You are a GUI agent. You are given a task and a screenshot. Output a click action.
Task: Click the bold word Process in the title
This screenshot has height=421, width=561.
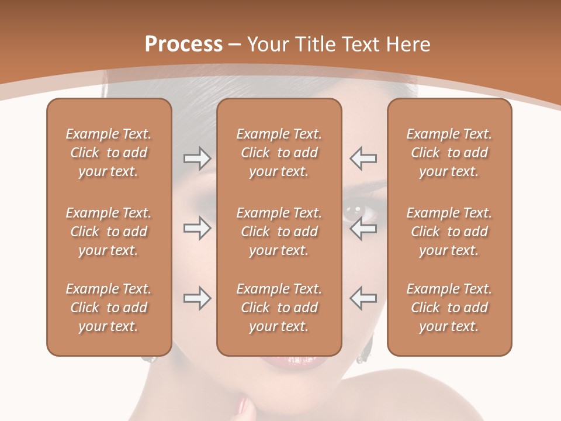pyautogui.click(x=183, y=44)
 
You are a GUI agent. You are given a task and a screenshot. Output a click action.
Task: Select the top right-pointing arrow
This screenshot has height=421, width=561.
pyautogui.click(x=197, y=158)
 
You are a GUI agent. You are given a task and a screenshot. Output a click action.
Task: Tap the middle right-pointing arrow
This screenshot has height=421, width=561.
pyautogui.click(x=197, y=228)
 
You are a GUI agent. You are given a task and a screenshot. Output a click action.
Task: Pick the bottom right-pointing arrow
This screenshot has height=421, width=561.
pyautogui.click(x=197, y=298)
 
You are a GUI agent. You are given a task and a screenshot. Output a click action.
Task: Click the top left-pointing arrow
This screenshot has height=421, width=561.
pyautogui.click(x=363, y=158)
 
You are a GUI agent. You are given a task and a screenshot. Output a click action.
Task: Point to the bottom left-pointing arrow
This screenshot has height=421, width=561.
pyautogui.click(x=363, y=298)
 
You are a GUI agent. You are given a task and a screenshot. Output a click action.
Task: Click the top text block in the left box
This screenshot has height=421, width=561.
pyautogui.click(x=109, y=153)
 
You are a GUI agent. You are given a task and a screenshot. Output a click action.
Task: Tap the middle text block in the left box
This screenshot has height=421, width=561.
pyautogui.click(x=109, y=232)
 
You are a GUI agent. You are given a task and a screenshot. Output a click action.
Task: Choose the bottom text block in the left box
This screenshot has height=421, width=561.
pyautogui.click(x=109, y=308)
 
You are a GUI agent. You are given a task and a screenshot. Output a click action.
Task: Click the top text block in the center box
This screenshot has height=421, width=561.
pyautogui.click(x=279, y=153)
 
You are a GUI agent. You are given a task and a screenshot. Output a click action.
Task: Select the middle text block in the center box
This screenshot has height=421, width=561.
pyautogui.click(x=279, y=232)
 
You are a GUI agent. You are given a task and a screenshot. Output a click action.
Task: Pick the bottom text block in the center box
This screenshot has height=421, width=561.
pyautogui.click(x=279, y=308)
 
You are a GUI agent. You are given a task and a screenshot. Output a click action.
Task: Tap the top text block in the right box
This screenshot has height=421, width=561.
pyautogui.click(x=449, y=153)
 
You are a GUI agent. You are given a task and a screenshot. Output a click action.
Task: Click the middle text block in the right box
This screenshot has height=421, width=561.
pyautogui.click(x=449, y=232)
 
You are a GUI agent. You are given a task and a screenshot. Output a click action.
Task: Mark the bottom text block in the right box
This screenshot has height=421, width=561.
pyautogui.click(x=449, y=308)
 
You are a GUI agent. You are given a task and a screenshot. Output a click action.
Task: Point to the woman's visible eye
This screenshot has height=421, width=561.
pyautogui.click(x=352, y=210)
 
